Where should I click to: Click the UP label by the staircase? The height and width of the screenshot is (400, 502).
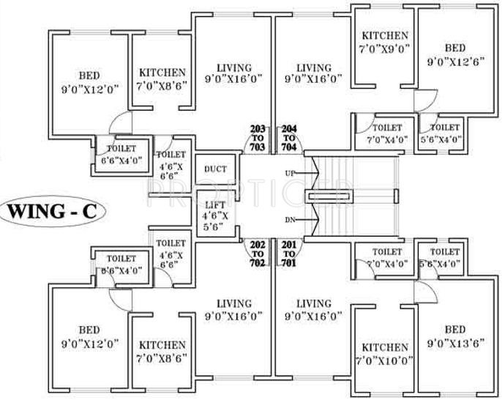[x=291, y=174]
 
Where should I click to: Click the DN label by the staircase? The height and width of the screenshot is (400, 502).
[x=291, y=220]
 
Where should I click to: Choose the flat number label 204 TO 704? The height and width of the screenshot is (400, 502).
[x=289, y=138]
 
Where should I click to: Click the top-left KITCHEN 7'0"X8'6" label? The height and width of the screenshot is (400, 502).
[x=162, y=79]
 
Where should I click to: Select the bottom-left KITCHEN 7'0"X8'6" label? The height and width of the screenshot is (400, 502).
[x=162, y=350]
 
